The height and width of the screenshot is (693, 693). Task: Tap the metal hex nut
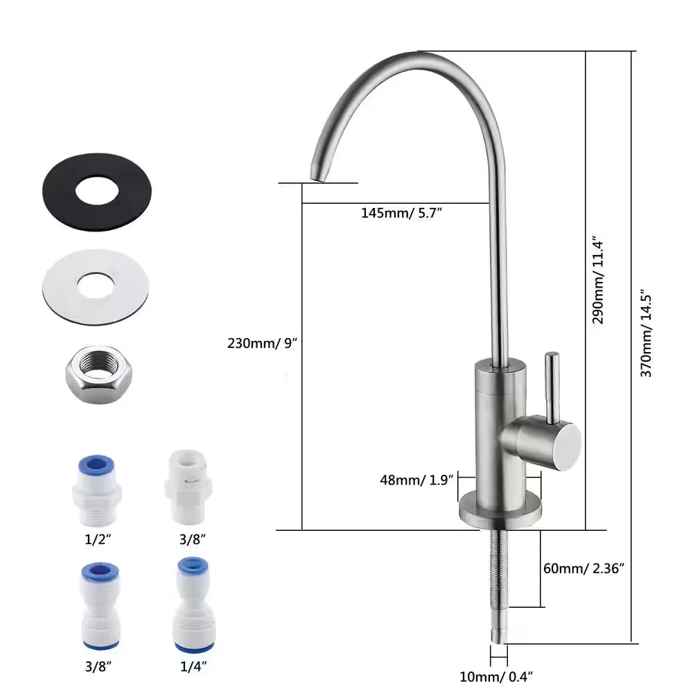coord(98,375)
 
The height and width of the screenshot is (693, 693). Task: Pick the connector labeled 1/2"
coord(97,490)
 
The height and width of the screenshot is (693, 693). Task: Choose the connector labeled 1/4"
coord(193,605)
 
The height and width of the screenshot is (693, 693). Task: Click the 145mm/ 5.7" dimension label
coord(401,213)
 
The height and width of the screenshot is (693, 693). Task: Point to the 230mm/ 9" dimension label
coord(262,343)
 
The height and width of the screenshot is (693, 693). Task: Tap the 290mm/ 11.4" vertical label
coord(598,281)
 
